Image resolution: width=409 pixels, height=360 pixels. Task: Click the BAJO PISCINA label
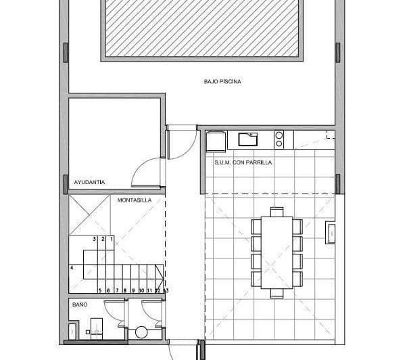pyautogui.click(x=222, y=82)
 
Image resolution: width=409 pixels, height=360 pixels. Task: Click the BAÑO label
pyautogui.click(x=79, y=305)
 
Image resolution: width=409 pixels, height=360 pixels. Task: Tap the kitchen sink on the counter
pyautogui.click(x=248, y=139)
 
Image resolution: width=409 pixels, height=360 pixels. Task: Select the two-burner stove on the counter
pyautogui.click(x=279, y=139)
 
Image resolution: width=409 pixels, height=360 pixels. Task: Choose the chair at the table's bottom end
pyautogui.click(x=277, y=293)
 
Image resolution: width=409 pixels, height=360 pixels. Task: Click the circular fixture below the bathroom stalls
pyautogui.click(x=141, y=332)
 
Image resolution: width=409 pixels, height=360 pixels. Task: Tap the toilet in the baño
pyautogui.click(x=95, y=331)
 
